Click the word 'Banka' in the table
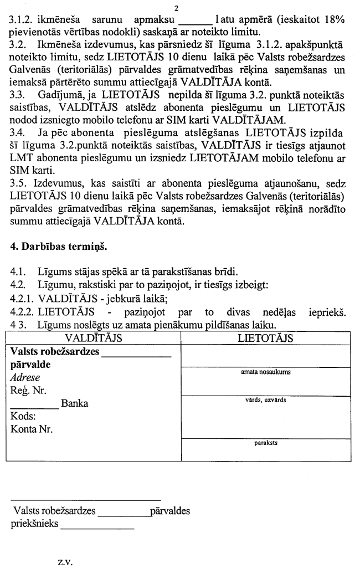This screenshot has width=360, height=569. coord(74,404)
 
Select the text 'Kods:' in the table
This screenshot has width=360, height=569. coord(23,417)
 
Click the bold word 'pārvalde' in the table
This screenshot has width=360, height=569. coord(30,365)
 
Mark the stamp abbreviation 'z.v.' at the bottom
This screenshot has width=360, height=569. coord(63,561)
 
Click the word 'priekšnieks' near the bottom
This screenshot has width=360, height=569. coord(34,524)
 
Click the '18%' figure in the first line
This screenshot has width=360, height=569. coord(334,20)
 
